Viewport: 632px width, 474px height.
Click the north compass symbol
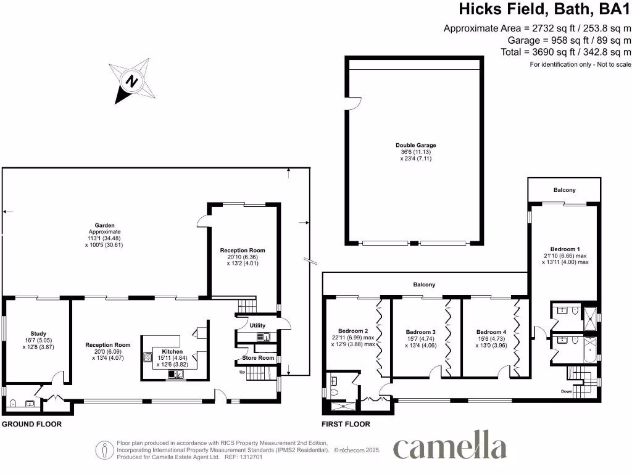coord(131,80)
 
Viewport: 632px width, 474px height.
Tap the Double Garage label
coord(415,146)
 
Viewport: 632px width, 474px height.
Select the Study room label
coord(38,333)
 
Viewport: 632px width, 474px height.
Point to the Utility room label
coord(257,325)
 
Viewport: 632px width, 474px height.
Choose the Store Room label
coord(257,358)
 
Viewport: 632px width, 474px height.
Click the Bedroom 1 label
coord(566,249)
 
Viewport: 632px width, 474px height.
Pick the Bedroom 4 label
coord(491,331)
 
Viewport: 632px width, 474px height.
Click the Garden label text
coord(105,226)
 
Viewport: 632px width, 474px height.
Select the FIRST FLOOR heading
coord(346,425)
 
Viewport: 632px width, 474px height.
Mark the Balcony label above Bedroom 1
coord(563,190)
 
